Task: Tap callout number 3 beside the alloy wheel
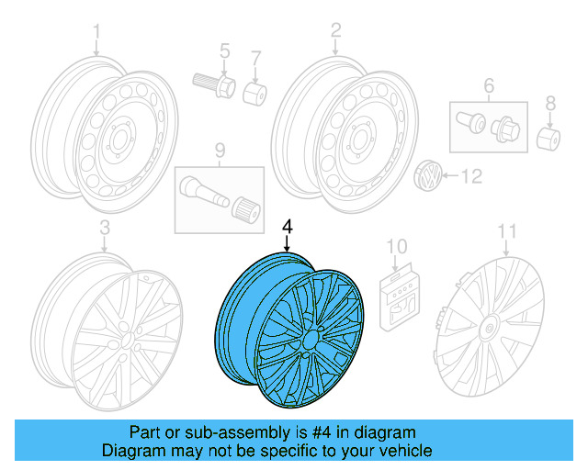(x=104, y=227)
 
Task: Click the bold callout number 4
(x=288, y=226)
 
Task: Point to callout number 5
(x=223, y=50)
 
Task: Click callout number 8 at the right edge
(x=550, y=102)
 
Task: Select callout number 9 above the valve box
(x=220, y=149)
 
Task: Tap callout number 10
(x=396, y=245)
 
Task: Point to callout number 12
(x=470, y=175)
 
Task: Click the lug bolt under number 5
(x=212, y=85)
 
